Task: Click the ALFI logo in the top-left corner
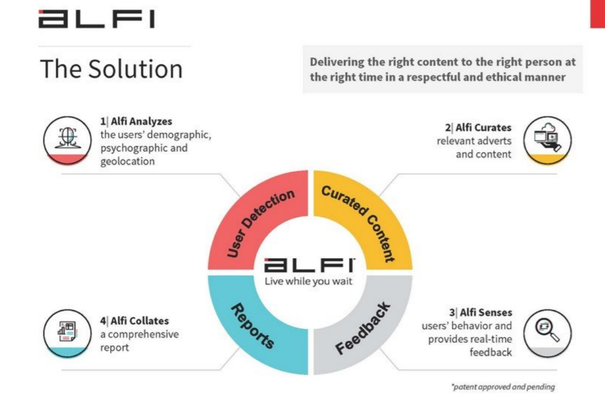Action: (x=97, y=19)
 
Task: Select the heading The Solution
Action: (x=111, y=69)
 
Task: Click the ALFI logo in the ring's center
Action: (x=309, y=265)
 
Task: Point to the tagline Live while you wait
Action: (x=308, y=281)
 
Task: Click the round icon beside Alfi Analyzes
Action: (x=68, y=140)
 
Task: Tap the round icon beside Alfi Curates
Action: (x=548, y=140)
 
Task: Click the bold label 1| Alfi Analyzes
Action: (x=136, y=121)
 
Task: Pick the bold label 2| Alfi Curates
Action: (x=478, y=128)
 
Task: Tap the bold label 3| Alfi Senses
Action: (x=481, y=312)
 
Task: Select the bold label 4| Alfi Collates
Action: (x=135, y=321)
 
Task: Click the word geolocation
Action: (x=128, y=161)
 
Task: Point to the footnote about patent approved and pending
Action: (x=503, y=386)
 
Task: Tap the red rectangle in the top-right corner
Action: (x=597, y=14)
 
